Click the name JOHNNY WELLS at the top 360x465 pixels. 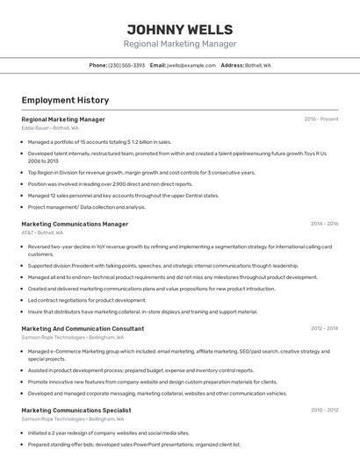(x=179, y=30)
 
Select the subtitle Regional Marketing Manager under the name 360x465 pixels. (x=179, y=44)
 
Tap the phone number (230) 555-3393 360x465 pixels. (x=126, y=66)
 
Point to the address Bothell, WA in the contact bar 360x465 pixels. (x=257, y=66)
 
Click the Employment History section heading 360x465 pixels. (x=65, y=100)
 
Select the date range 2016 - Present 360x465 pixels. (x=320, y=119)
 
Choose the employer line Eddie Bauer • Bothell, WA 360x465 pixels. (x=50, y=128)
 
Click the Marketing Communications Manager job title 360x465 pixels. (x=75, y=224)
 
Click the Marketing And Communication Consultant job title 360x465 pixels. (x=83, y=328)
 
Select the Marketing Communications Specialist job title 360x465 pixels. (x=76, y=410)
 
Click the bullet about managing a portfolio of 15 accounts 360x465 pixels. (x=99, y=141)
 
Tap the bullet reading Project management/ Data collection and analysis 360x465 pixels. (x=86, y=207)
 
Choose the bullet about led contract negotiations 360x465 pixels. (x=87, y=300)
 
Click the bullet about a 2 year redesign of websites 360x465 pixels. (x=108, y=433)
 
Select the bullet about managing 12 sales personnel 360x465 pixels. (x=123, y=196)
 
